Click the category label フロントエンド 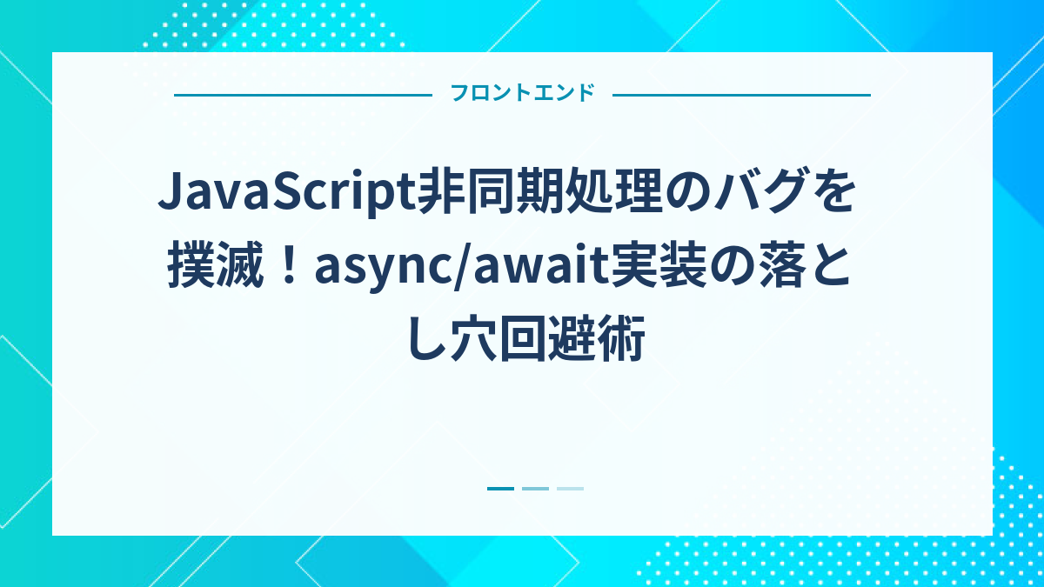point(522,94)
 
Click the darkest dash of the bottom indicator point(500,489)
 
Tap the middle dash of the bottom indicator point(535,489)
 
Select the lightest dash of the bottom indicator point(570,489)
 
